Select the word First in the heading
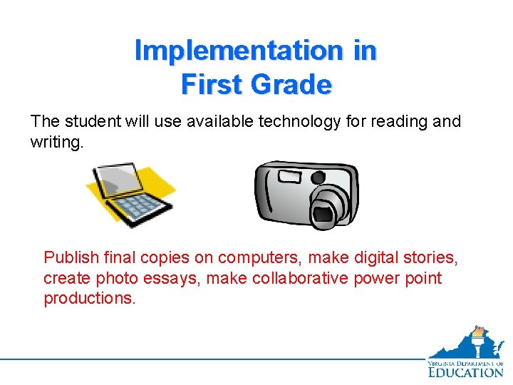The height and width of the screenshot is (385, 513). (x=211, y=85)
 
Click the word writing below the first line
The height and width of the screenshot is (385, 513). (x=56, y=143)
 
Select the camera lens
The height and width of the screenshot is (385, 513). (x=329, y=209)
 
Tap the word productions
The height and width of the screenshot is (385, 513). (x=88, y=299)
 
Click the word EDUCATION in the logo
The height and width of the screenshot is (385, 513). (x=466, y=371)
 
